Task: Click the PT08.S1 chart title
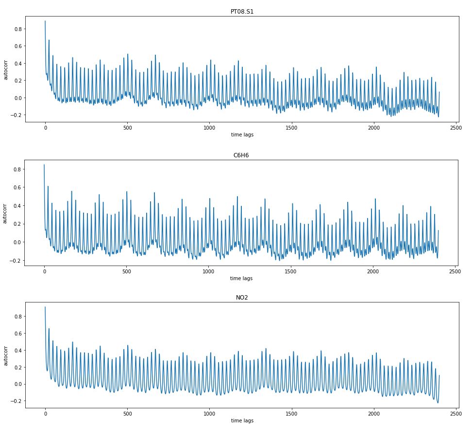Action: coord(242,11)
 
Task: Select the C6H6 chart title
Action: coord(241,155)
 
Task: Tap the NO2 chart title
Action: coord(242,298)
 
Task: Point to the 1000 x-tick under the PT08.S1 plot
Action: coord(209,128)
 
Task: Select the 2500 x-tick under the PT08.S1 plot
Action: coord(455,128)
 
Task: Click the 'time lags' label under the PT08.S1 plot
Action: coord(242,135)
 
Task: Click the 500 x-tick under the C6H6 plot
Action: coord(126,272)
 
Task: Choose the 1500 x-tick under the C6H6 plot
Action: coord(290,272)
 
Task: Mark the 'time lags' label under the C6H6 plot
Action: coord(241,279)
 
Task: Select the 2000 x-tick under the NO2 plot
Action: coord(373,414)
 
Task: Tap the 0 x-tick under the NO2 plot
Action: coord(45,414)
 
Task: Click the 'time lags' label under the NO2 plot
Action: coord(242,420)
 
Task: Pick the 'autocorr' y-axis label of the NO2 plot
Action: coord(6,355)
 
